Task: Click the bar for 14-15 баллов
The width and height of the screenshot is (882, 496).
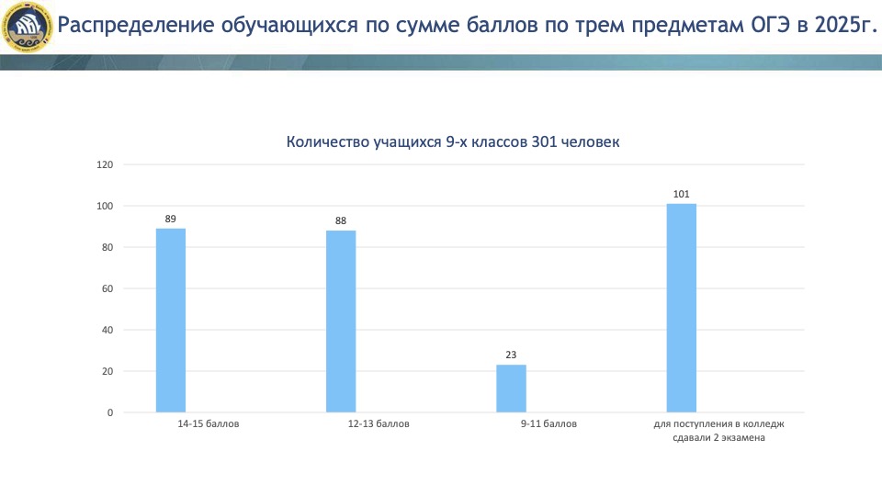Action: [171, 320]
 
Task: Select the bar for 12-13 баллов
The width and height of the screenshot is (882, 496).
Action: [341, 321]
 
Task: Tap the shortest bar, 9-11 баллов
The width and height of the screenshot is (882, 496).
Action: [512, 389]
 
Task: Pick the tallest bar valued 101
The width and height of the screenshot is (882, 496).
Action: [681, 308]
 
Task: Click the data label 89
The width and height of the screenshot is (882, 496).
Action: [171, 219]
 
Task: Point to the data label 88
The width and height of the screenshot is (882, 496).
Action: [341, 221]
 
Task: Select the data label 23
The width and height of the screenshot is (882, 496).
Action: [511, 355]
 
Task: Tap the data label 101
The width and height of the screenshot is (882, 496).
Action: [681, 194]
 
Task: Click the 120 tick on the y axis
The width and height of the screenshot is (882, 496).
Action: [105, 164]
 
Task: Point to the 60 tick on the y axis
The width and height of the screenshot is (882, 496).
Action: [107, 288]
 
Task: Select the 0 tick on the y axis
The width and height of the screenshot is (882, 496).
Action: [110, 412]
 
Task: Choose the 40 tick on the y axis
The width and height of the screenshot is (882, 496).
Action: [107, 330]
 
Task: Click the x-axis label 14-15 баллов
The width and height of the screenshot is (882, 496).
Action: [209, 424]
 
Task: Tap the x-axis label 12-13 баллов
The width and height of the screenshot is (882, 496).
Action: [379, 424]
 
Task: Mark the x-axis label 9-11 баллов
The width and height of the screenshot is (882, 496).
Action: [548, 424]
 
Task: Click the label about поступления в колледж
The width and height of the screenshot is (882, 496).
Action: [718, 431]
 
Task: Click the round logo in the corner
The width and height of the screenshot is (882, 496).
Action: [26, 27]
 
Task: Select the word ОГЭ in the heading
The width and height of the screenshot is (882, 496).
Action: [771, 26]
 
